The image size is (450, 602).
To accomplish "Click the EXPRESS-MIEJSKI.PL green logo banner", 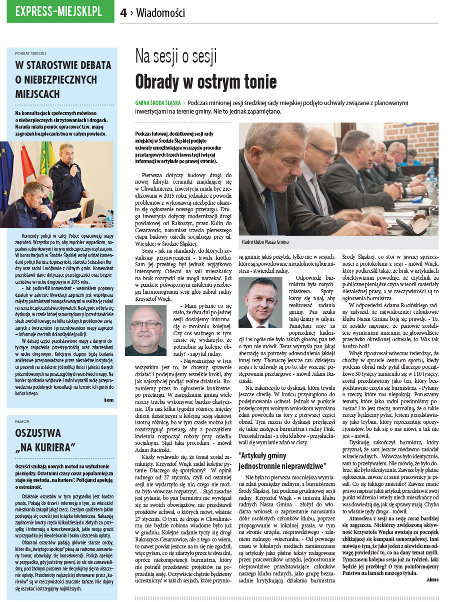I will pos(60,12).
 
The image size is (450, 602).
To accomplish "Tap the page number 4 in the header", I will pos(123,14).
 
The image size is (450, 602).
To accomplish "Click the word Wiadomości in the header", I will pos(160,14).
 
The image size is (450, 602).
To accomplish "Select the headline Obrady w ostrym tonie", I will pos(205,81).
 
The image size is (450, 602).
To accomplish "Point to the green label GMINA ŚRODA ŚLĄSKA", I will pos(158,103).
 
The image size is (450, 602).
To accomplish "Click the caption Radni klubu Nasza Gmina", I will pos(265,242).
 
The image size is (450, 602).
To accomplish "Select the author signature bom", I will pos(108,399).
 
